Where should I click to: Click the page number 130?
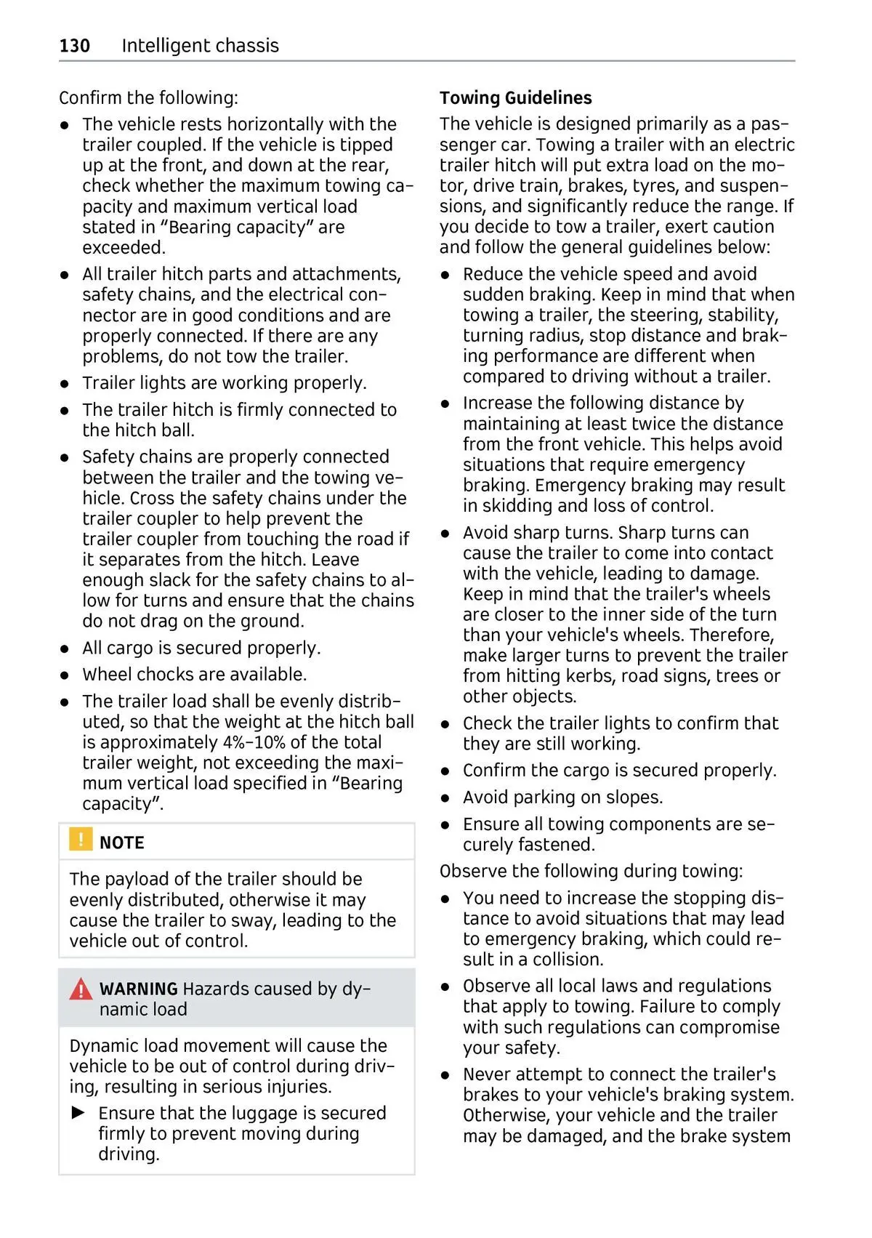tap(74, 46)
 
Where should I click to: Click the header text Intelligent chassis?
tap(200, 46)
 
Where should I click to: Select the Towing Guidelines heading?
tap(515, 98)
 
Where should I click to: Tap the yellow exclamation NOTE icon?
tap(80, 839)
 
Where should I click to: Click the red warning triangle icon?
tap(81, 989)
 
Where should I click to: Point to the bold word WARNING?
tap(138, 989)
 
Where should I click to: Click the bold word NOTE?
tap(121, 843)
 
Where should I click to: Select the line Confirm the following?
tap(148, 98)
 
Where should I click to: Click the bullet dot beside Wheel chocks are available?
tap(65, 675)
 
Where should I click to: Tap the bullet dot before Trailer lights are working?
tap(65, 384)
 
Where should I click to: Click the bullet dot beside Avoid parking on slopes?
tap(446, 798)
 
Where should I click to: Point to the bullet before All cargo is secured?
tap(65, 648)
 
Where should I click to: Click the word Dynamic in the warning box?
tap(103, 1045)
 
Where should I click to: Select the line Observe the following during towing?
tap(591, 871)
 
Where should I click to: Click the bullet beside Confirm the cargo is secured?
tap(446, 771)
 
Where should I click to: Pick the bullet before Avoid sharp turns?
tap(446, 534)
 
